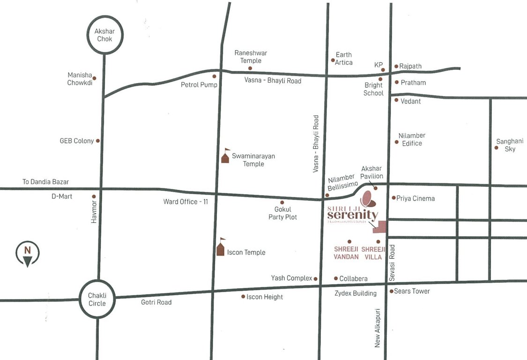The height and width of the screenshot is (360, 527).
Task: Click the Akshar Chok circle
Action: coord(104,35)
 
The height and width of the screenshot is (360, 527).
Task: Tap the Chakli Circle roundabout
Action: coord(97,299)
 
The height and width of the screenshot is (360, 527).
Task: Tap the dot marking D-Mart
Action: coord(94,196)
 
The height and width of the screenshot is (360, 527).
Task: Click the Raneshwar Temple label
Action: coord(251,57)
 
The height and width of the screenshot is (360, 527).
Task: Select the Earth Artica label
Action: coord(344,59)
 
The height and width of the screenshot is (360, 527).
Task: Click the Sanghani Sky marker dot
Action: coord(496,148)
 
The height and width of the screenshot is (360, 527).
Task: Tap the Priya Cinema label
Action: coord(416,198)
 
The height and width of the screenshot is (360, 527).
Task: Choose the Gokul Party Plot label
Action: coord(282,213)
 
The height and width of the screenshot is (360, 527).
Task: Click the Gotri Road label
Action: coord(156,302)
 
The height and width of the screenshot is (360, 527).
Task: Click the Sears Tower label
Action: coord(412,291)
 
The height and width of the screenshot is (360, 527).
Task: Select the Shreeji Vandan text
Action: coord(346,253)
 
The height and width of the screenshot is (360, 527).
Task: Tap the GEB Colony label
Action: coord(77,141)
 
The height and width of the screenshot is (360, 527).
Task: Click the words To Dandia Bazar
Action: coord(46,181)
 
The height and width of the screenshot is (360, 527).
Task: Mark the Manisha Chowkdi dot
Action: coord(94,78)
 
